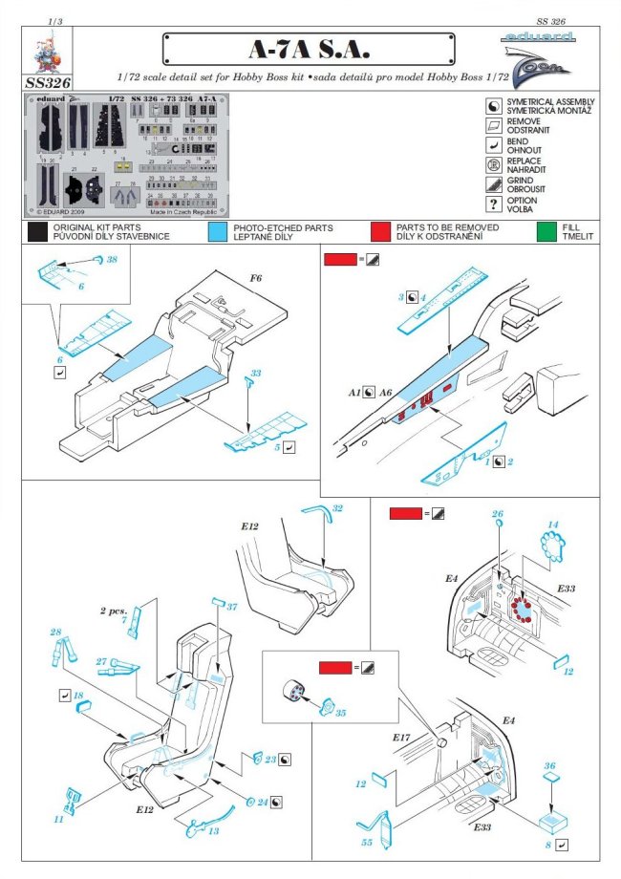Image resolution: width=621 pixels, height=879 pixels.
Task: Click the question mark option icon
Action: coord(494,204)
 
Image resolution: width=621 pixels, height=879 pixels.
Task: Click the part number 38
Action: coord(112,260)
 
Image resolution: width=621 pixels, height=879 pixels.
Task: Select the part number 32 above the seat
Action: coord(337,507)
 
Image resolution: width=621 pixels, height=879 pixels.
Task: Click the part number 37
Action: coord(230,607)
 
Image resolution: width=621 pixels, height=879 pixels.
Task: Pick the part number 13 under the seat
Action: coord(212,831)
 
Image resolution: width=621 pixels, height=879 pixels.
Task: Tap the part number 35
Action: coord(340,713)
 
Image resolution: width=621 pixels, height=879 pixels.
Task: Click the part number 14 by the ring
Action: coord(553,525)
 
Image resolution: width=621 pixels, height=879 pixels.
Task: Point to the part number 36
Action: coord(549,765)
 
